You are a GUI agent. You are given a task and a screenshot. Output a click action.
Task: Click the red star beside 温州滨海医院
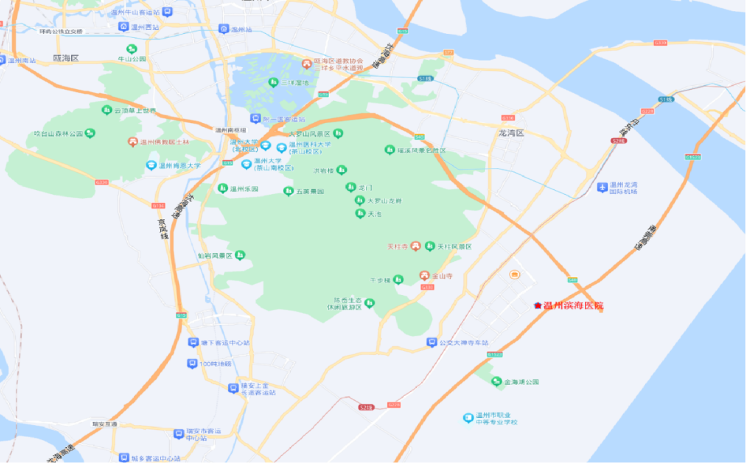coord(537,305)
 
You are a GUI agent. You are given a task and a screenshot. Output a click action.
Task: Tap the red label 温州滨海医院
coord(573,305)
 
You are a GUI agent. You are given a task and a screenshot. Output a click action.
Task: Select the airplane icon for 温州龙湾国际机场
coord(599,187)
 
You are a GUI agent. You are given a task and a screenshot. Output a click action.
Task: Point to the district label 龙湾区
coord(512,132)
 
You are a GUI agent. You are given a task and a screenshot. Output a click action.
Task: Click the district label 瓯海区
coord(66,59)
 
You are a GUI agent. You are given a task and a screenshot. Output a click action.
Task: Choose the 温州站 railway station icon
coord(223,29)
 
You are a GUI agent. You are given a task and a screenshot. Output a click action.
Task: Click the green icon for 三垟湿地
coord(273,82)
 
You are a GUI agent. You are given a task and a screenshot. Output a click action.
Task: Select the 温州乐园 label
coord(244,189)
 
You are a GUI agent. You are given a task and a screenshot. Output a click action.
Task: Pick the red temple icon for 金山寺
coord(425,276)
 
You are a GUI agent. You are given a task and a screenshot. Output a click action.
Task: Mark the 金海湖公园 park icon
coord(496,381)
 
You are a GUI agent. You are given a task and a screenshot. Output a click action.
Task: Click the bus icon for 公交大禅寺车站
coord(432,343)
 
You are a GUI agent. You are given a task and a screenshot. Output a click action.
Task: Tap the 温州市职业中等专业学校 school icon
coord(468,418)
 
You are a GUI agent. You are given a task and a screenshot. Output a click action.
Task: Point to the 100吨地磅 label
coord(216,364)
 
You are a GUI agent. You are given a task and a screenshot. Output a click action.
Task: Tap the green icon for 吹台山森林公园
coord(90,133)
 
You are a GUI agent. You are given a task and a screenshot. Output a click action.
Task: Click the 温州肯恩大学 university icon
coord(151,165)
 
